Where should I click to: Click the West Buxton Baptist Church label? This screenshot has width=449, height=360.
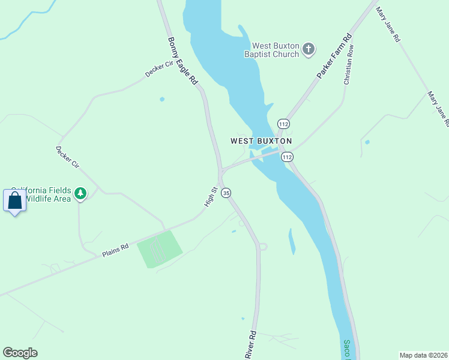(276, 50)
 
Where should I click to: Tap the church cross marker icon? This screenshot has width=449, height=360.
(309, 49)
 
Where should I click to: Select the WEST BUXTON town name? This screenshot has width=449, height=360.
(261, 141)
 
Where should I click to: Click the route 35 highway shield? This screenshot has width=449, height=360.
(226, 193)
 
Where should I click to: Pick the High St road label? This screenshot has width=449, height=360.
(210, 197)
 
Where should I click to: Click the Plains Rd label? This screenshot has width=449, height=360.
(115, 249)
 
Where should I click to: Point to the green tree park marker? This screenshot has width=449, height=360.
(80, 194)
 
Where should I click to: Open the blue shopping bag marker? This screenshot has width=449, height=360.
(15, 201)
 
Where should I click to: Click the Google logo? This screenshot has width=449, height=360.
(20, 353)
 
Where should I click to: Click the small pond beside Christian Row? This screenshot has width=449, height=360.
(367, 142)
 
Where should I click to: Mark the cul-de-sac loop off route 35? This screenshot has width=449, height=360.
(262, 246)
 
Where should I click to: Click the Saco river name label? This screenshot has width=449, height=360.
(347, 348)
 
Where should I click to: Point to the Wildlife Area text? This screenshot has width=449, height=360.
(50, 199)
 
